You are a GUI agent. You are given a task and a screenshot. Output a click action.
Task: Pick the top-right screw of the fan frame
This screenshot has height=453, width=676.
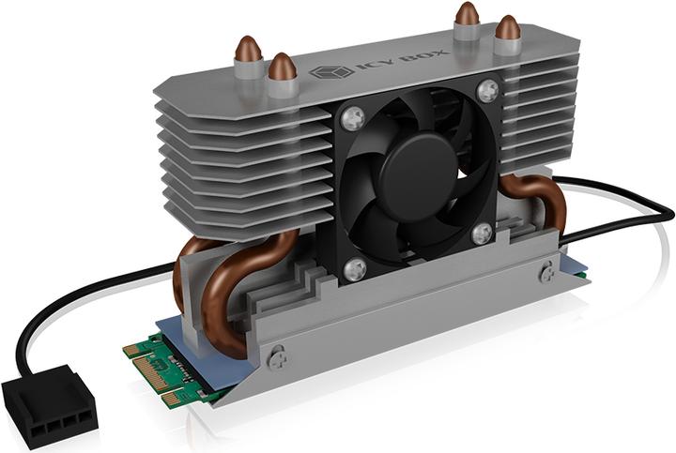tap(486, 91)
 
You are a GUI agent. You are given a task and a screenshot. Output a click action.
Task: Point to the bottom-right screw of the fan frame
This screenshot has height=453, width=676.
tap(483, 234)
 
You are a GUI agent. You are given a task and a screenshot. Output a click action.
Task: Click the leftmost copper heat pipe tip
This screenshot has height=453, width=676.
tap(250, 50)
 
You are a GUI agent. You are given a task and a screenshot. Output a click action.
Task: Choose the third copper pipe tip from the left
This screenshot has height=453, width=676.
tap(467, 14)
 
